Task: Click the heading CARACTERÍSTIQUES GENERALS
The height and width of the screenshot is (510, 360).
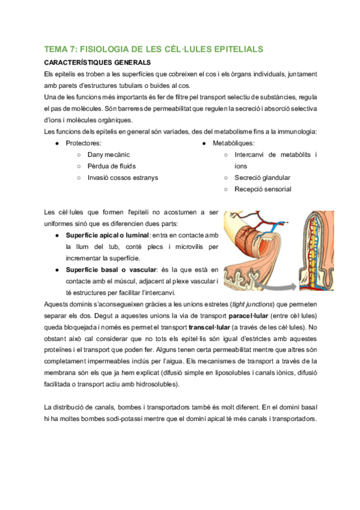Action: click(97, 62)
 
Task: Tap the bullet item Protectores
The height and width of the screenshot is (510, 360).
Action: click(84, 143)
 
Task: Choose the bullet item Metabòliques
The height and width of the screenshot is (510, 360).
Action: click(233, 143)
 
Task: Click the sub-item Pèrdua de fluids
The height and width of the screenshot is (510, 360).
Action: click(112, 166)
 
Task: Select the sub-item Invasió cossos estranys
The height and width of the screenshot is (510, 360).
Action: click(123, 177)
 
